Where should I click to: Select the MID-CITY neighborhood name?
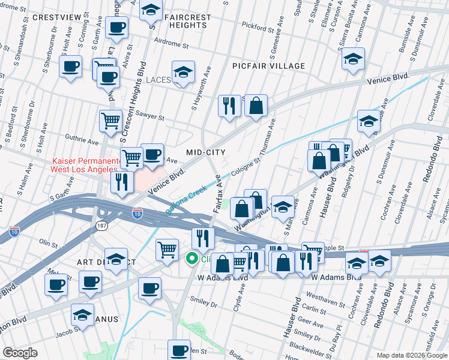tap(206, 152)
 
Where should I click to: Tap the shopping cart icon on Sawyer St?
tap(110, 121)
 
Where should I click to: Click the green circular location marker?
tap(193, 259)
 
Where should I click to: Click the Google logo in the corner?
tap(19, 353)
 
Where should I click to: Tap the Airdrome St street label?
tap(171, 44)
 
